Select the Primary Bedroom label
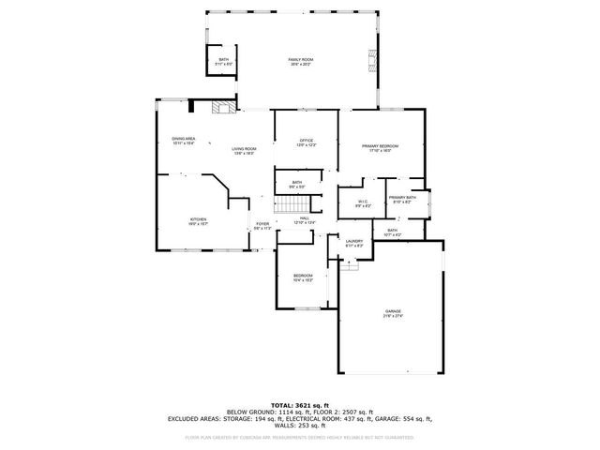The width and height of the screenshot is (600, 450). (x=381, y=148)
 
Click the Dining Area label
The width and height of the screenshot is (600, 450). (x=183, y=141)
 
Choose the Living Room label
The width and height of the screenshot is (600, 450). (x=245, y=151)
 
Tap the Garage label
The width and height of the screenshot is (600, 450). (x=393, y=312)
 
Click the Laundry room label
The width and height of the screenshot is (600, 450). (x=353, y=244)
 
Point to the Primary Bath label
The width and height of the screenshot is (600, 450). (x=403, y=200)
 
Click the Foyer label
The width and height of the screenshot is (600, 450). (x=262, y=226)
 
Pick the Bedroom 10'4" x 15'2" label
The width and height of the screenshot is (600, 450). (x=303, y=277)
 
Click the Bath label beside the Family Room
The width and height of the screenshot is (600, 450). (x=223, y=62)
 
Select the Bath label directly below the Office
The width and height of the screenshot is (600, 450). (x=296, y=185)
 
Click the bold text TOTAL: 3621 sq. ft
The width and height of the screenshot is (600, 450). (x=299, y=404)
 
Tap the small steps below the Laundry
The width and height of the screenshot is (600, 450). (x=349, y=266)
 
